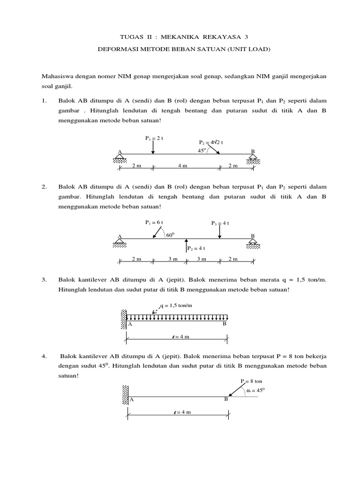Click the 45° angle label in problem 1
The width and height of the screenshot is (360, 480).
tap(202, 150)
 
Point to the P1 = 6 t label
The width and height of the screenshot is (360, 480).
tap(154, 223)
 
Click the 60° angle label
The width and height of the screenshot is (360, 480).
tap(170, 235)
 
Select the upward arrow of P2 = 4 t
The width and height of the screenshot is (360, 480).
tap(186, 246)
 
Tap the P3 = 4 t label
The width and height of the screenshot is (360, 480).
tap(220, 223)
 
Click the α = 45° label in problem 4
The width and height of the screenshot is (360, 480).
tap(253, 390)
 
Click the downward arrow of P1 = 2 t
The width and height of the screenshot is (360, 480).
tap(153, 147)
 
